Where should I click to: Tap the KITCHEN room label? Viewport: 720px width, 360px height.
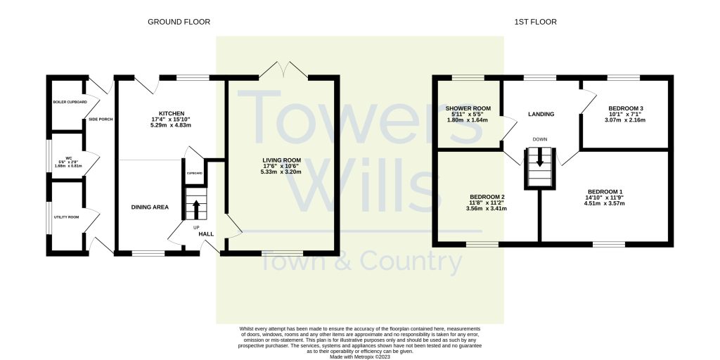(172, 113)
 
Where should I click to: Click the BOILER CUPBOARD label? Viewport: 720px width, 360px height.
(70, 103)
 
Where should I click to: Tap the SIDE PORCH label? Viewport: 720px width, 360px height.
(101, 119)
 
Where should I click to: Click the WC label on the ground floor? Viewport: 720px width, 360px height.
(69, 157)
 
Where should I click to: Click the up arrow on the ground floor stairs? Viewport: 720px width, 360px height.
(195, 207)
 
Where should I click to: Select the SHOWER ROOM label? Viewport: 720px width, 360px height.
(468, 108)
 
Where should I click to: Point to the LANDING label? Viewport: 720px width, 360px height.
(541, 114)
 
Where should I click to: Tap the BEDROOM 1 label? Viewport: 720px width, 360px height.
(605, 192)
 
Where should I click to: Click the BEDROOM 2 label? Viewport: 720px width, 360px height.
(487, 197)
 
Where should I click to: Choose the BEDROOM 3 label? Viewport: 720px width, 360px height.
(626, 108)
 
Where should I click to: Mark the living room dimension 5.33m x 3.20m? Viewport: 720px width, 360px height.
(281, 172)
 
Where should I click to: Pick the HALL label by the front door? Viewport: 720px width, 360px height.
(206, 234)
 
